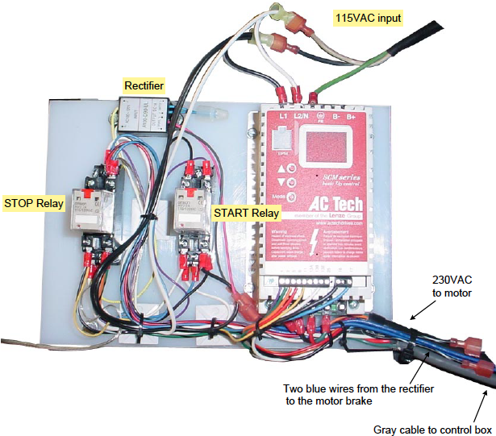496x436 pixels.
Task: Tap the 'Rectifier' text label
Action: pos(143,84)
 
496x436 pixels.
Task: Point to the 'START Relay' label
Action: pos(245,214)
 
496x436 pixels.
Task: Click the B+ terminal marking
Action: pos(352,116)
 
